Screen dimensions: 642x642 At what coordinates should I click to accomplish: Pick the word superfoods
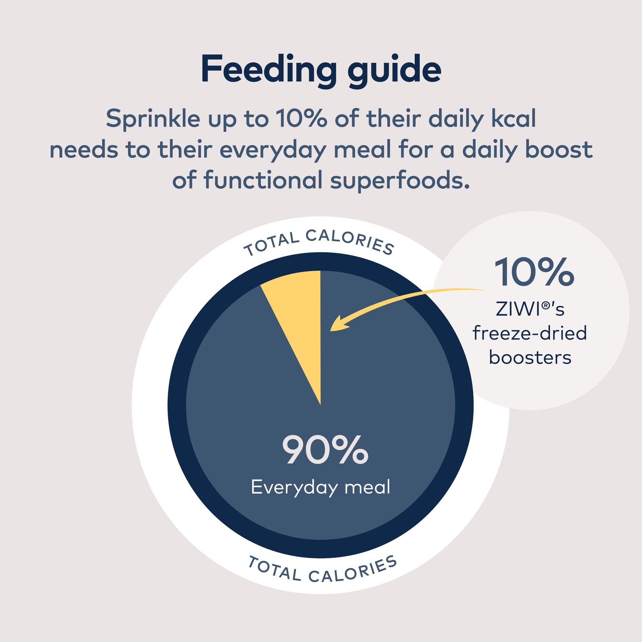tap(399, 180)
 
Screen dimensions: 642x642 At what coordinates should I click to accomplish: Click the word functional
tap(263, 180)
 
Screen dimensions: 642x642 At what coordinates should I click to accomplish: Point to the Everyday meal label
tap(321, 487)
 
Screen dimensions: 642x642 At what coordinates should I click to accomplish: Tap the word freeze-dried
tap(530, 333)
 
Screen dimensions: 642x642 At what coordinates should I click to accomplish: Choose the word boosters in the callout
tap(530, 357)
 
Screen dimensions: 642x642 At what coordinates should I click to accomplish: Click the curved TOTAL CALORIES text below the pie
tap(322, 571)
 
